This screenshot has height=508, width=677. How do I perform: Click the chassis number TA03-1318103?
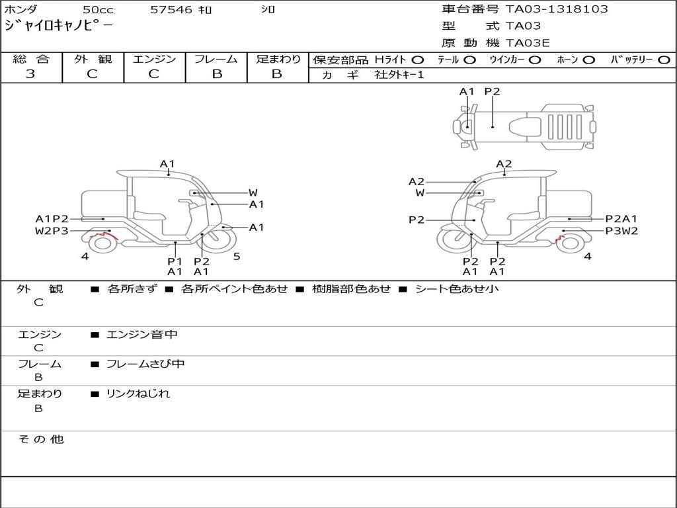click(x=557, y=9)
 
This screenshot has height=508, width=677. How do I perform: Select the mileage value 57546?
click(x=171, y=10)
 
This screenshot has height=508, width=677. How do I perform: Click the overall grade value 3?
click(x=30, y=74)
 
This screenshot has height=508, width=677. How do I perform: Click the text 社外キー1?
click(x=399, y=75)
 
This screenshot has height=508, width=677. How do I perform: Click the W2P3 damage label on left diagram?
click(x=52, y=231)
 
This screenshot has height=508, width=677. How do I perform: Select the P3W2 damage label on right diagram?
click(x=621, y=231)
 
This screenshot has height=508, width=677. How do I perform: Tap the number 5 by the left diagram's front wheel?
click(x=237, y=257)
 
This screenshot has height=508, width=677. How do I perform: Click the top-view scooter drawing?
click(x=522, y=125)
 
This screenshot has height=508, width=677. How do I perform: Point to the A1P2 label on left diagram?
click(x=52, y=219)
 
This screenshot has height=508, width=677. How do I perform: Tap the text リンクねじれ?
click(x=138, y=394)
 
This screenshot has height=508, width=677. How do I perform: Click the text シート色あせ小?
click(x=457, y=289)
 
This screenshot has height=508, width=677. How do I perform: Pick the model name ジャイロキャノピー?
click(x=58, y=26)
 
